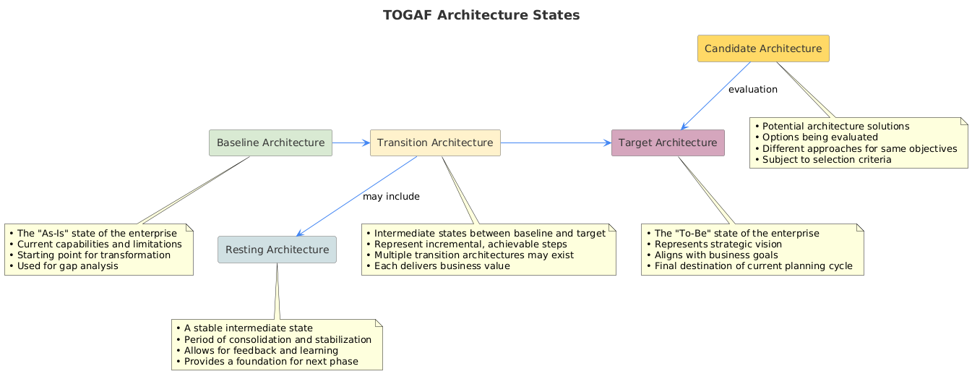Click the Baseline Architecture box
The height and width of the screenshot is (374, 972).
(270, 143)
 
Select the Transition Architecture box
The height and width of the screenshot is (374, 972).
(435, 143)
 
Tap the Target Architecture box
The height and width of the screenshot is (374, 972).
(668, 143)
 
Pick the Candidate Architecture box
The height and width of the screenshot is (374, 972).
(763, 48)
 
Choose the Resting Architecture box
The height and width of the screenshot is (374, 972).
(277, 250)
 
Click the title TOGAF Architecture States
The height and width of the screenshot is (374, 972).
(481, 15)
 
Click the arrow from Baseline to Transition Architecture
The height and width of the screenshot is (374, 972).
(351, 143)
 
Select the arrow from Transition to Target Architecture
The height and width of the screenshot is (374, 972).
(556, 143)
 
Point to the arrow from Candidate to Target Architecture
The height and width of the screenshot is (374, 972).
(715, 96)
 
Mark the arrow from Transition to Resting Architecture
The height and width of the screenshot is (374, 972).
(357, 195)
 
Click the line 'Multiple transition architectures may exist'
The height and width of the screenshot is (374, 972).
(474, 255)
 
